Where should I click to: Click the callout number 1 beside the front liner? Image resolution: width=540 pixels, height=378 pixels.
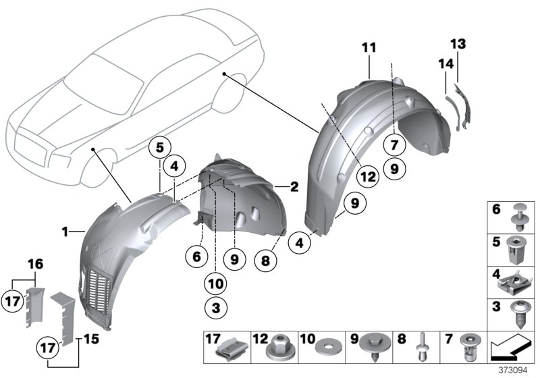(x=65, y=232)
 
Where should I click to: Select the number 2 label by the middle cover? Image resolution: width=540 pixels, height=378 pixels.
(x=294, y=187)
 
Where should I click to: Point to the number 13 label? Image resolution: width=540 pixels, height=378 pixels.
(x=458, y=44)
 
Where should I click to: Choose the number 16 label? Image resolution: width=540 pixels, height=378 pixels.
(x=33, y=263)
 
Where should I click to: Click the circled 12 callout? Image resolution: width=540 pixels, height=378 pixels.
(x=367, y=177)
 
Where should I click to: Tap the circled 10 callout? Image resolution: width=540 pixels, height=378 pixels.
(x=216, y=282)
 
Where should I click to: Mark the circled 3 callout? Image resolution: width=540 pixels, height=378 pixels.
(x=216, y=308)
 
